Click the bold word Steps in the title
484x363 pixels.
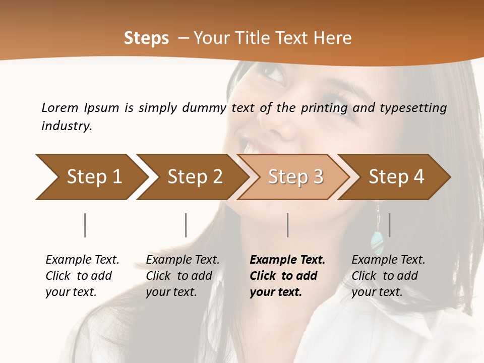click(x=146, y=38)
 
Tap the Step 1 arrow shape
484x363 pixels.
click(x=91, y=177)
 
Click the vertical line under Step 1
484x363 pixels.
click(x=85, y=225)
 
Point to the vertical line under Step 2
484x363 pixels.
click(x=186, y=225)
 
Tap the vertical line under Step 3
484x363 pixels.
click(x=287, y=225)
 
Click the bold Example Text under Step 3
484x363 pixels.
click(x=287, y=260)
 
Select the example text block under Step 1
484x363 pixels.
click(x=82, y=276)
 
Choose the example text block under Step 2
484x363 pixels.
click(x=183, y=276)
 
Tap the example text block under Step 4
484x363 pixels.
click(x=388, y=276)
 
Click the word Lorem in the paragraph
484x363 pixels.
click(x=60, y=108)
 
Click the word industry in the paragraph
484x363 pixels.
click(x=67, y=126)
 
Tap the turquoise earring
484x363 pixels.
click(x=377, y=243)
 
